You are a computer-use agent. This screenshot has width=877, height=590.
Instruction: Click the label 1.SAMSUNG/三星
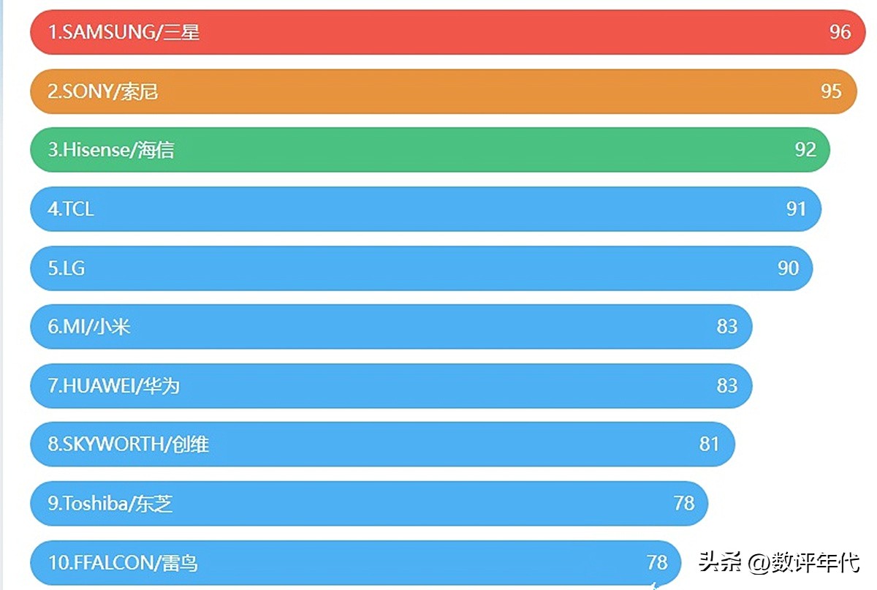[x=124, y=32]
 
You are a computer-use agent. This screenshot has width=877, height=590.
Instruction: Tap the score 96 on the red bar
[x=840, y=32]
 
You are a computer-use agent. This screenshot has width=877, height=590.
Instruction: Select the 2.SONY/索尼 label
[x=103, y=91]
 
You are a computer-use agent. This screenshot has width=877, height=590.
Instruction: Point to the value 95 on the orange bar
[x=831, y=91]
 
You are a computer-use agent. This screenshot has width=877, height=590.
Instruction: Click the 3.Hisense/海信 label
[x=111, y=150]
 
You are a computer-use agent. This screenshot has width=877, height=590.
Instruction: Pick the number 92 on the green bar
[x=805, y=150]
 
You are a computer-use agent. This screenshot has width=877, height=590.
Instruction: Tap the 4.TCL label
[x=71, y=209]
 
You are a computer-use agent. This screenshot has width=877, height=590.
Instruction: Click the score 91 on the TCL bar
[x=796, y=209]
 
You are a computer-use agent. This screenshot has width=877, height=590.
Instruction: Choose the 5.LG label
[x=67, y=268]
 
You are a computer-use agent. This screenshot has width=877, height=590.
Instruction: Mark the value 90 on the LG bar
[x=788, y=268]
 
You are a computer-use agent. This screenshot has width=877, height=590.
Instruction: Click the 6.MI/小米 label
[x=89, y=327]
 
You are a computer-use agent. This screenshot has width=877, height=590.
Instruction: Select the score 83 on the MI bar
[x=726, y=327]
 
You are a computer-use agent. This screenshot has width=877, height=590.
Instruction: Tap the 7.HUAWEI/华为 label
[x=114, y=386]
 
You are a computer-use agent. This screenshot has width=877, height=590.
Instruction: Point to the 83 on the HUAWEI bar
[x=726, y=386]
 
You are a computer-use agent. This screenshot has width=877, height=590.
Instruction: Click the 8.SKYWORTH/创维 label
[x=129, y=445]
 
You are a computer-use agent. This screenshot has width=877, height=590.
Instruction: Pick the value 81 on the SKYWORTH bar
[x=709, y=445]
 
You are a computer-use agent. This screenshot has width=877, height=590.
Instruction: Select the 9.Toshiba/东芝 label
[x=110, y=504]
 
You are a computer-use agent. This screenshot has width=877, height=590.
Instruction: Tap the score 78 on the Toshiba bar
[x=684, y=504]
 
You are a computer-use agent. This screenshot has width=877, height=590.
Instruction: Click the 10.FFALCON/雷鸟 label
[x=123, y=563]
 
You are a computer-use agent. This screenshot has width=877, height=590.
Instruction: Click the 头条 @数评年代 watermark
[x=779, y=562]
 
